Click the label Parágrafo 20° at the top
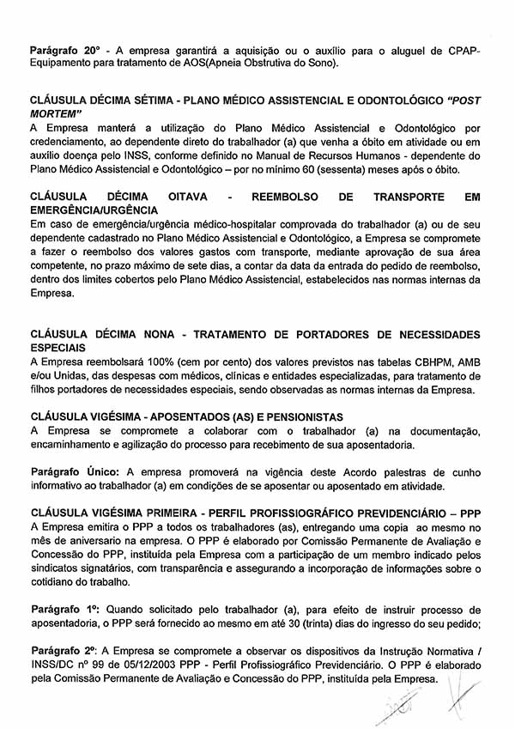[x=64, y=49]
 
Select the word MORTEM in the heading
[x=55, y=112]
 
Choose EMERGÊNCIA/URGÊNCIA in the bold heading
[x=94, y=210]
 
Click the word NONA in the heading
[x=159, y=334]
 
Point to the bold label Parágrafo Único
[x=76, y=472]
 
